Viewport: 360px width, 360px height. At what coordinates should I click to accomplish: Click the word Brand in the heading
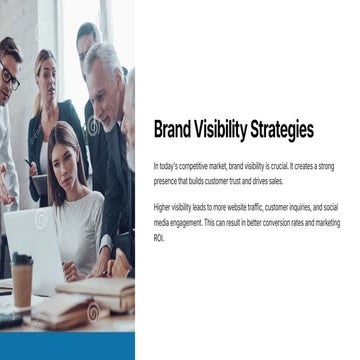(172, 130)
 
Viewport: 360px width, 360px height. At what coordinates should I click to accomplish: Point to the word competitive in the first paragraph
(187, 164)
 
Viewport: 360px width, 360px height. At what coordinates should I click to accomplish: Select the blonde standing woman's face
(45, 74)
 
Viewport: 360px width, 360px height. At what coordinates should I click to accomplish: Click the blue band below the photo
(67, 346)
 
